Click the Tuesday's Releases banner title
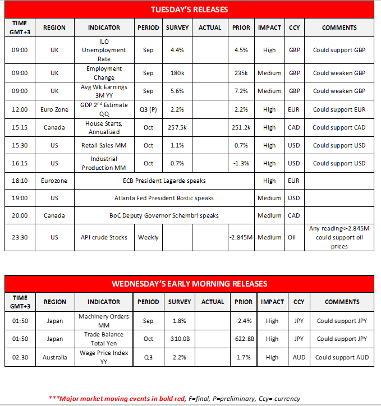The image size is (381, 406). (x=189, y=10)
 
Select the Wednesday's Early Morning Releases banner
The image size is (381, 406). (x=189, y=284)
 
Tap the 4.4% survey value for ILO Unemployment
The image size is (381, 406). (x=177, y=50)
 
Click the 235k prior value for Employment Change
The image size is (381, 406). (x=241, y=73)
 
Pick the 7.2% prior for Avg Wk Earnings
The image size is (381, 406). (x=241, y=91)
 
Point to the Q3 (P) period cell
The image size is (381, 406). (x=148, y=109)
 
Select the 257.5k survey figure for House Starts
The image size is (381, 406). (x=177, y=127)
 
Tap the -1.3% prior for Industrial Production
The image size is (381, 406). (x=241, y=163)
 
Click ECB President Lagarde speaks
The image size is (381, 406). (x=164, y=181)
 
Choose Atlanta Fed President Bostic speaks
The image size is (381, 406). (x=164, y=198)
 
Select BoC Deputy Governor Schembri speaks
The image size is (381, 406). (x=164, y=215)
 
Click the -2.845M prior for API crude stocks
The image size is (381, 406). (x=241, y=237)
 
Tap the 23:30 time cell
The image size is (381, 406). (x=19, y=237)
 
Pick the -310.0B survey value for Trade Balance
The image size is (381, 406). (x=180, y=339)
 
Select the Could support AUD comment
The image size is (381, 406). (x=342, y=357)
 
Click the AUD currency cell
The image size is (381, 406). (x=299, y=357)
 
